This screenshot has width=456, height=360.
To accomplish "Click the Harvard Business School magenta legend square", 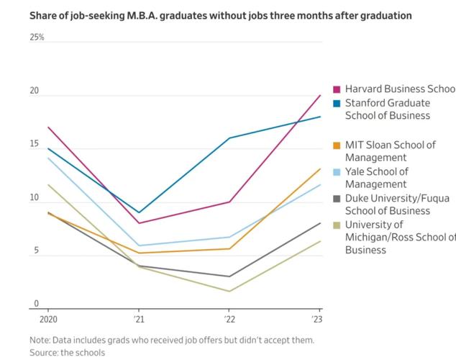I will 336,89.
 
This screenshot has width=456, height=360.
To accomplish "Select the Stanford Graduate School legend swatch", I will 336,103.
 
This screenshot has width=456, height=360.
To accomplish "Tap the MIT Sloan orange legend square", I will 336,145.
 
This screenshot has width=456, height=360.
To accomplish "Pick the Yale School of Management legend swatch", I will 336,171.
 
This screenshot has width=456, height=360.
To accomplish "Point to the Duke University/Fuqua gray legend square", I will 336,198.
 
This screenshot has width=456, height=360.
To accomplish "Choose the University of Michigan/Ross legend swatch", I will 336,225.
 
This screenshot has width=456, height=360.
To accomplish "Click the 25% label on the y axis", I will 37,37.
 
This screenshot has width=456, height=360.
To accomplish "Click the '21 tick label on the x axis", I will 138,318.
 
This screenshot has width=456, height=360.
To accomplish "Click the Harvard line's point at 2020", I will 47,127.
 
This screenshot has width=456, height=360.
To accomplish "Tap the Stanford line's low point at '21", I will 138,212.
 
